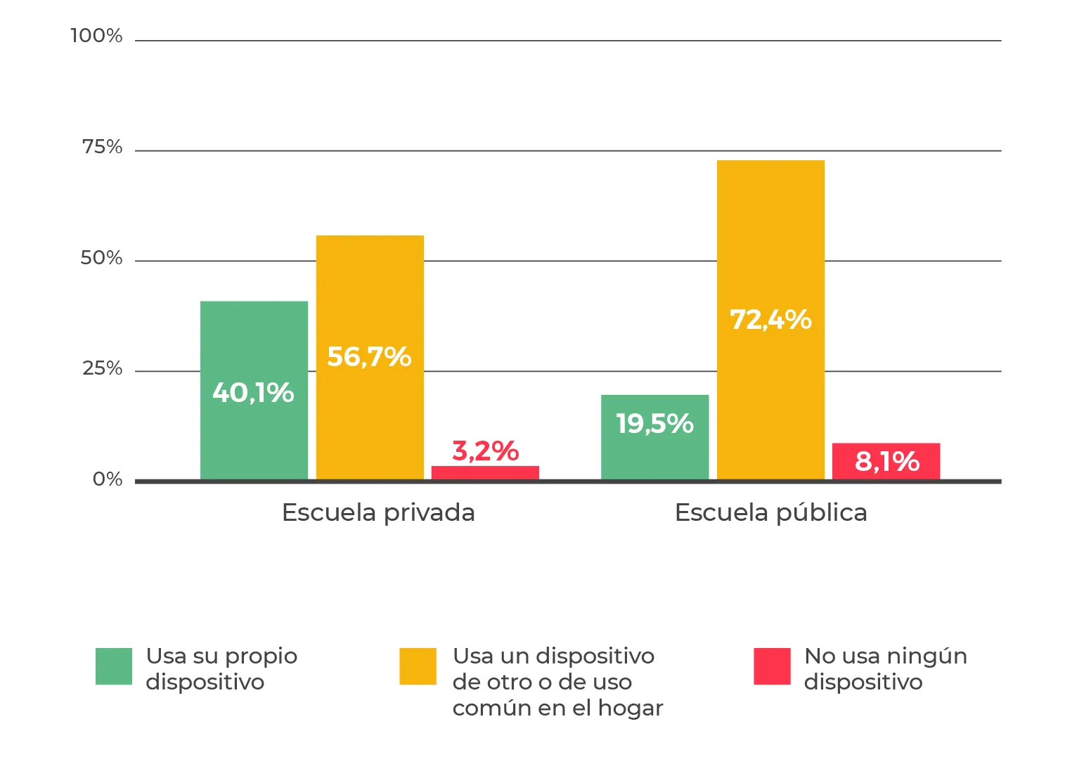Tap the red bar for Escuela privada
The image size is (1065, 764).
click(485, 472)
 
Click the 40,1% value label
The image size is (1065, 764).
click(253, 393)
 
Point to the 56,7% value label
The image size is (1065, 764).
click(369, 357)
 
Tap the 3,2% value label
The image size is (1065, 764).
click(485, 451)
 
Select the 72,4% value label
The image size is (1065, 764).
click(770, 320)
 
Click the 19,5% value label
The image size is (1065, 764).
click(654, 424)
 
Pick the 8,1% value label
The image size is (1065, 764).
click(886, 462)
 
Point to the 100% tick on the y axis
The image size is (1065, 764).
click(96, 36)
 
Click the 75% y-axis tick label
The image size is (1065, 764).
click(102, 147)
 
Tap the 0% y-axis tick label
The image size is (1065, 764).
click(108, 479)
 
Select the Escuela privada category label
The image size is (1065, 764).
click(378, 513)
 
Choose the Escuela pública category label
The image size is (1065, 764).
click(770, 513)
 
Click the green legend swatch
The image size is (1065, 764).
click(114, 666)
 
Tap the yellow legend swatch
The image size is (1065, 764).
click(418, 666)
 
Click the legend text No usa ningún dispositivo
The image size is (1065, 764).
click(885, 669)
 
